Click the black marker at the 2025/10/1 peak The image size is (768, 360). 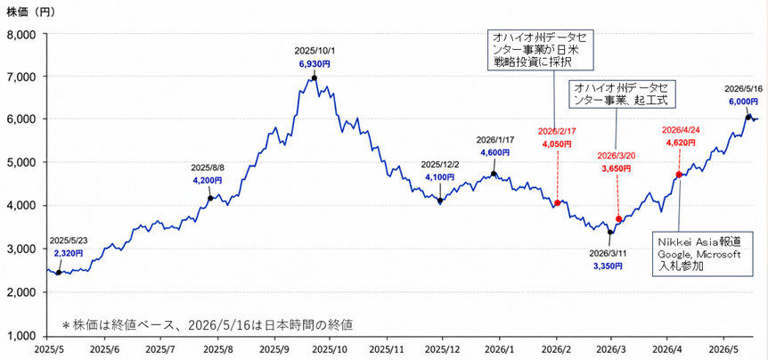[315, 78]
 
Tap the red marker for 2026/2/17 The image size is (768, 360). [558, 203]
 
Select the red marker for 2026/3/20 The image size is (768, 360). [618, 219]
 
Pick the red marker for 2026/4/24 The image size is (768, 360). [679, 175]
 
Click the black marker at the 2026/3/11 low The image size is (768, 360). [610, 233]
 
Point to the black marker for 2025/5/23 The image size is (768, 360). [58, 273]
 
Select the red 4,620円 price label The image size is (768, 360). [679, 143]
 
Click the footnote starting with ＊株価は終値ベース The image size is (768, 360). [208, 324]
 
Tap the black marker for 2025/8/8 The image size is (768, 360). [210, 198]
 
